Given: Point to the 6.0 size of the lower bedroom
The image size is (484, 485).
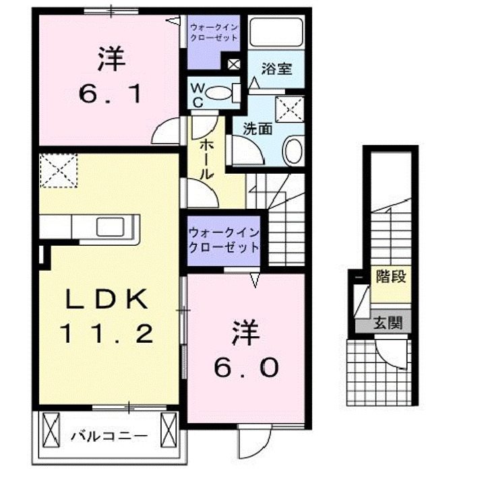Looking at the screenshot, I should click(x=245, y=367).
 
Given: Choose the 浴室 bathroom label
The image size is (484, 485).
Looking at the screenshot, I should click(x=276, y=69).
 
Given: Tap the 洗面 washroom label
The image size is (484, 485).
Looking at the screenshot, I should click(x=257, y=127).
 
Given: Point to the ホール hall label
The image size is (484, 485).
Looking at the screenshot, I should click(x=205, y=158).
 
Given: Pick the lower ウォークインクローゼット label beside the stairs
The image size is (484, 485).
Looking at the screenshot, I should click(x=223, y=240).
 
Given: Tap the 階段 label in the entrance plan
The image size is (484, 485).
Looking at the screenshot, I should click(x=390, y=277).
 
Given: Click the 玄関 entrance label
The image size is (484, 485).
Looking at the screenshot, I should click(x=389, y=323).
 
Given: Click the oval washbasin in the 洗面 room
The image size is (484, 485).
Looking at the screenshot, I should click(x=293, y=150).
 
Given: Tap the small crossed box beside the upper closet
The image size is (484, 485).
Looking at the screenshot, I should click(x=234, y=65).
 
